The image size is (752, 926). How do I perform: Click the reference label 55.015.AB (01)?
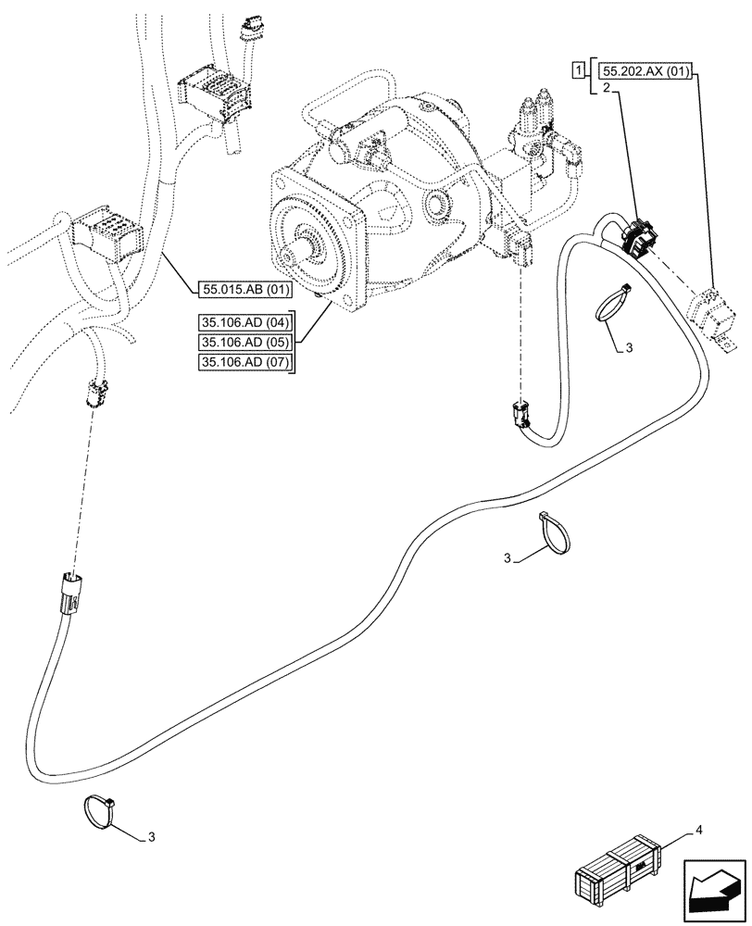244,290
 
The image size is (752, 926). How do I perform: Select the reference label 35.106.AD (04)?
244,323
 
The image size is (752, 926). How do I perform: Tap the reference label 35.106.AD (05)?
244,343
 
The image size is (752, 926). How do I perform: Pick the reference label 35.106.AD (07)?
244,362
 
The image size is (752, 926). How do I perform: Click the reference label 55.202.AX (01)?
645,70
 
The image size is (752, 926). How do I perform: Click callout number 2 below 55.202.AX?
606,89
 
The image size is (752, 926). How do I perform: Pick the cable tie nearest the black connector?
610,306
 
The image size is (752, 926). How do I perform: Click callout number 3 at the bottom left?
152,837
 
